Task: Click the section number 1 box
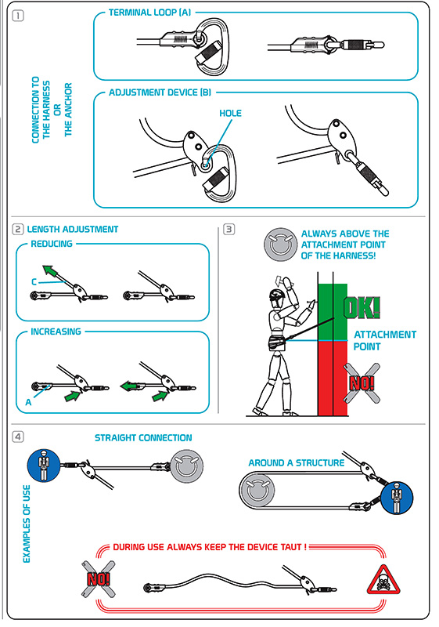tap(18, 16)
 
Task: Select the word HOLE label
tap(230, 114)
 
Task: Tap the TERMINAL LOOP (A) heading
tap(149, 13)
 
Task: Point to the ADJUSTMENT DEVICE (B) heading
tap(160, 92)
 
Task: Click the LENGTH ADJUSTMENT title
tap(73, 230)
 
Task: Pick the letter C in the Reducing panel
tap(34, 282)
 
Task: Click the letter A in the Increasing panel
tap(28, 402)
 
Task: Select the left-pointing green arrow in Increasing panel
tap(131, 386)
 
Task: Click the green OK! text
tap(362, 307)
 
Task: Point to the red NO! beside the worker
tap(362, 383)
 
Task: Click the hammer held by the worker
tap(282, 281)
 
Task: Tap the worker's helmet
tap(278, 295)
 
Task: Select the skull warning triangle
tap(383, 579)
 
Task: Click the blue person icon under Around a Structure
tap(397, 498)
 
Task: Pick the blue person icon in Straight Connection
tap(44, 466)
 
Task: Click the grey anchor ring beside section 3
tap(281, 245)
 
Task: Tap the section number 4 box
tap(18, 437)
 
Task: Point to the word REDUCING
tap(52, 244)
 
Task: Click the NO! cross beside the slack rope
tap(99, 579)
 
